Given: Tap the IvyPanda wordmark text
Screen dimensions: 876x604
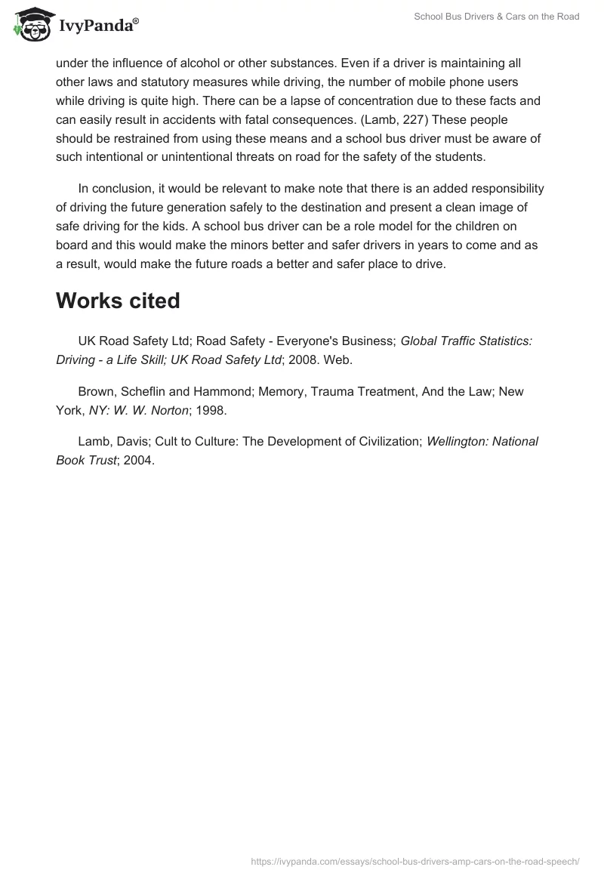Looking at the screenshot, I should pos(96,26).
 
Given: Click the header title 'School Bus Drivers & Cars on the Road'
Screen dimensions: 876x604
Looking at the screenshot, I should pos(497,17).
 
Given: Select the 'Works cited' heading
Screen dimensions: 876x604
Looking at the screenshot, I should pos(118,301).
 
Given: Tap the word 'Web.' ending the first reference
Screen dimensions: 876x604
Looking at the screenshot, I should pos(337,360).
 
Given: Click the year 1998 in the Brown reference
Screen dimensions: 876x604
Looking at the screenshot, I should pos(210,410).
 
